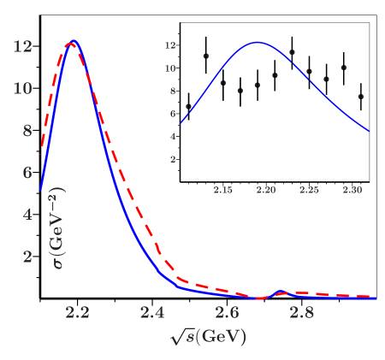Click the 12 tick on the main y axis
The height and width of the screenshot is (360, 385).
click(22, 45)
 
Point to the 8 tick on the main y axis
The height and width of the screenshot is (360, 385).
click(27, 130)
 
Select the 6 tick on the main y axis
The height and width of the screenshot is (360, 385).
click(27, 172)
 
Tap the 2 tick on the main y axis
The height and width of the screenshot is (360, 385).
click(27, 257)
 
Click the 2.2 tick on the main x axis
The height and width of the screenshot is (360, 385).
click(78, 314)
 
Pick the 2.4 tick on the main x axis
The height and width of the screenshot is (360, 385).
click(152, 314)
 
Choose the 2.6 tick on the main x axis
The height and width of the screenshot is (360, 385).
click(227, 314)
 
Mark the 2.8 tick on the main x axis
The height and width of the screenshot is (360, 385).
click(301, 314)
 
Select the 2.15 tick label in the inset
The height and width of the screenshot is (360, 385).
click(223, 190)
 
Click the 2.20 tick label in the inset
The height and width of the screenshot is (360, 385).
click(266, 190)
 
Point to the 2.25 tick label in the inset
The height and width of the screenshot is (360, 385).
click(309, 190)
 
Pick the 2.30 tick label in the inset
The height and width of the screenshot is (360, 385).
click(352, 190)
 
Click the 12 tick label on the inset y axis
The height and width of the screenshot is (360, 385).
click(170, 45)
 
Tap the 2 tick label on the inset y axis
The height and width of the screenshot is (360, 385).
click(173, 159)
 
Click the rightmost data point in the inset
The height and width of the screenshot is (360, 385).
click(360, 97)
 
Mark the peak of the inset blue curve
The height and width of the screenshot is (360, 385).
click(256, 42)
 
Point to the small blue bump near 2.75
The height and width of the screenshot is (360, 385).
click(282, 292)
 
